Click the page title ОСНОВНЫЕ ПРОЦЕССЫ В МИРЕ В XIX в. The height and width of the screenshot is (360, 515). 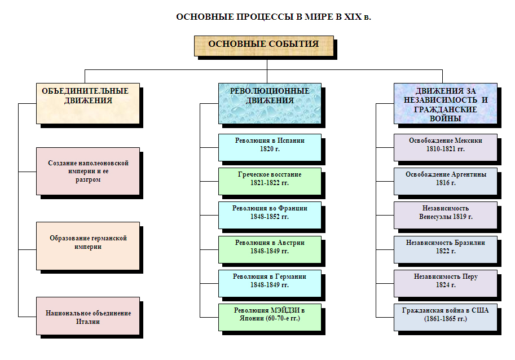274,16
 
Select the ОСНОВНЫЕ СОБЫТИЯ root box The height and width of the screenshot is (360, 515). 263,45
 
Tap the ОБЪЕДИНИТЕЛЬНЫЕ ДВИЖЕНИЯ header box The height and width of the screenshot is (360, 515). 87,103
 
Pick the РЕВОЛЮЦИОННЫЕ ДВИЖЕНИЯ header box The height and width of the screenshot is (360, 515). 270,103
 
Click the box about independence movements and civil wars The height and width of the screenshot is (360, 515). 445,103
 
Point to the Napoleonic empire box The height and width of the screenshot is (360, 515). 87,171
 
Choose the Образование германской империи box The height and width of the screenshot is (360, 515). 87,245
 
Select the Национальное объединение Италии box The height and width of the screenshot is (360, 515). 87,317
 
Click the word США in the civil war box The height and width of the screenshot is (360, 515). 481,311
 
